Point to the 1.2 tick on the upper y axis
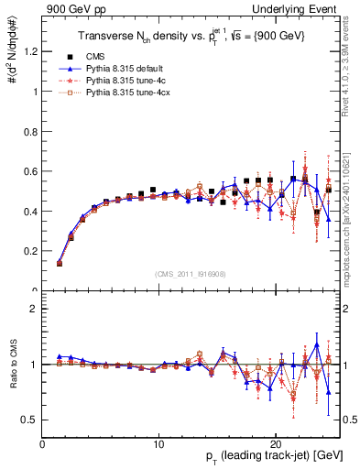coord(32,51)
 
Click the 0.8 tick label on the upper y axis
coord(32,131)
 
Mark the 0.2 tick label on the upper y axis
coord(32,251)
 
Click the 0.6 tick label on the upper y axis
coord(32,171)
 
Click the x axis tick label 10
coord(158,443)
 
